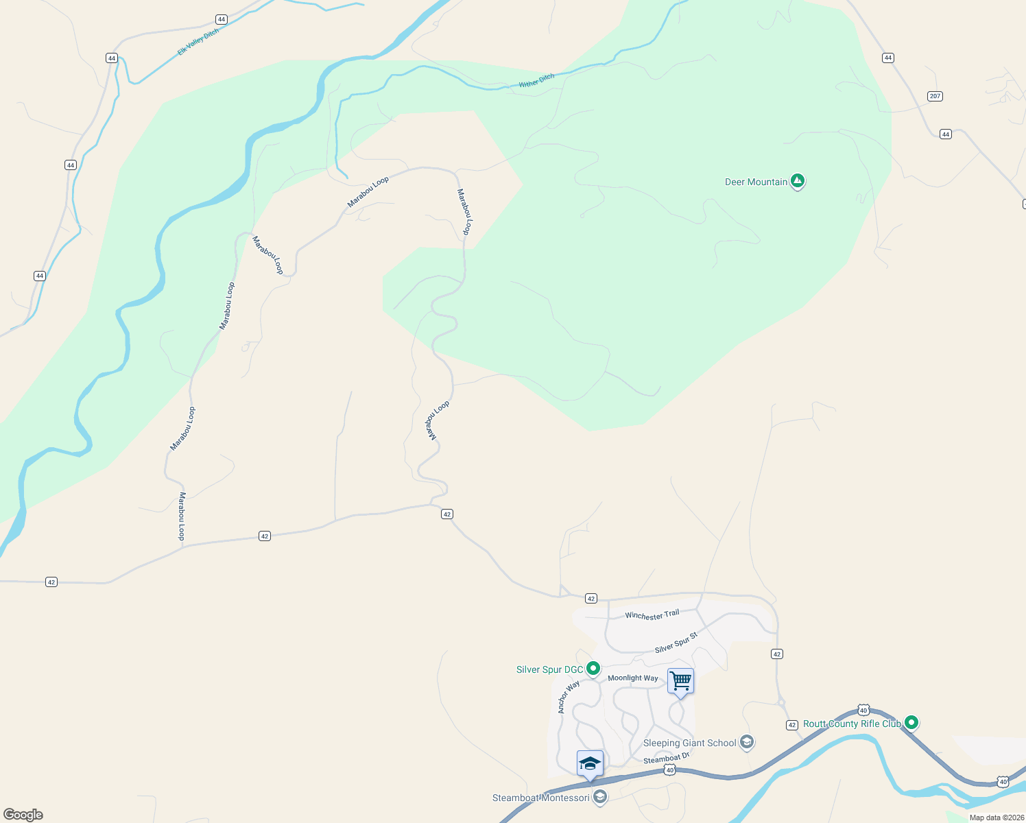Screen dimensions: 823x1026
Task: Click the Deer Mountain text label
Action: click(x=756, y=182)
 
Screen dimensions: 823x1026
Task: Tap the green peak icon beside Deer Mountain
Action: click(x=797, y=181)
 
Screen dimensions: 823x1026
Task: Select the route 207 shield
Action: click(x=935, y=96)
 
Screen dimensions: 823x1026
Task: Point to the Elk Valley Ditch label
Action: click(x=198, y=43)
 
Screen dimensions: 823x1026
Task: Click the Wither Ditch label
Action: click(x=536, y=81)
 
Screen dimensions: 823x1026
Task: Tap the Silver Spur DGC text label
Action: click(x=549, y=669)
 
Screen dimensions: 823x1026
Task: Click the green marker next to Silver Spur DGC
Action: click(x=593, y=668)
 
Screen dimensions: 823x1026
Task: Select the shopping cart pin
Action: click(x=680, y=682)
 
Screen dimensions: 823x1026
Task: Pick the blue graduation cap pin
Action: click(x=590, y=764)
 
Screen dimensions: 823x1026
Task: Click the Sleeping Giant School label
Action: click(x=689, y=743)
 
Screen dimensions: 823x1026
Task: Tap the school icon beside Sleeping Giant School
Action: click(x=747, y=742)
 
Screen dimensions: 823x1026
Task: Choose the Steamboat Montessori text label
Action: click(x=540, y=798)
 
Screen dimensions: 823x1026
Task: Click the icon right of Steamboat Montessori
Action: click(x=600, y=797)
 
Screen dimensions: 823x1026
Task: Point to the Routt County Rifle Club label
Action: click(x=852, y=724)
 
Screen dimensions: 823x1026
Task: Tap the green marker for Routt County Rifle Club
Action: click(x=911, y=722)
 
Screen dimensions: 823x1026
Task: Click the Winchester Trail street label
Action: click(x=652, y=615)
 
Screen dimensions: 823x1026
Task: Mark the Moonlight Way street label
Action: click(x=632, y=678)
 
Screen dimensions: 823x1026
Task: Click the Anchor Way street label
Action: click(x=569, y=697)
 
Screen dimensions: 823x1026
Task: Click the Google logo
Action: click(x=23, y=815)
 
